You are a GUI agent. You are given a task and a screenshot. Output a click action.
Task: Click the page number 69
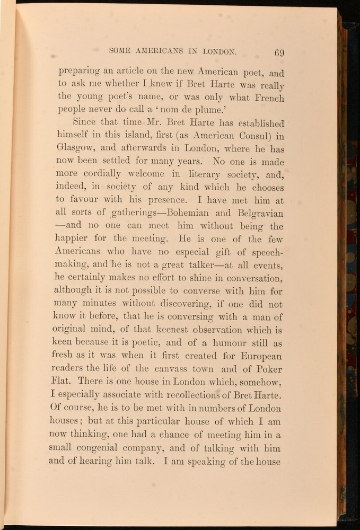coord(279,52)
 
